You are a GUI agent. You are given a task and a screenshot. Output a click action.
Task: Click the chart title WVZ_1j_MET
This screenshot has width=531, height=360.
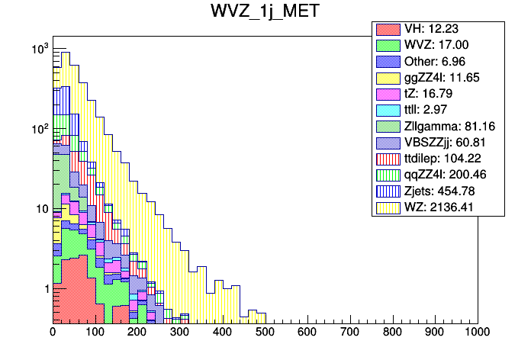tap(265, 12)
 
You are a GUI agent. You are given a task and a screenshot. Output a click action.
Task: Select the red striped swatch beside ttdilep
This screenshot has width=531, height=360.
tap(388, 159)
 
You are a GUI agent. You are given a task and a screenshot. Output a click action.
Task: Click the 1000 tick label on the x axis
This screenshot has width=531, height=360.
tap(477, 333)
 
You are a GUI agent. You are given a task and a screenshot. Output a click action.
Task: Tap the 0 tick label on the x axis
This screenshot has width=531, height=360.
tap(53, 333)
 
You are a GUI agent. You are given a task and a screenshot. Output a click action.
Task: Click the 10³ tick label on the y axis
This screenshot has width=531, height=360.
tap(38, 49)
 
